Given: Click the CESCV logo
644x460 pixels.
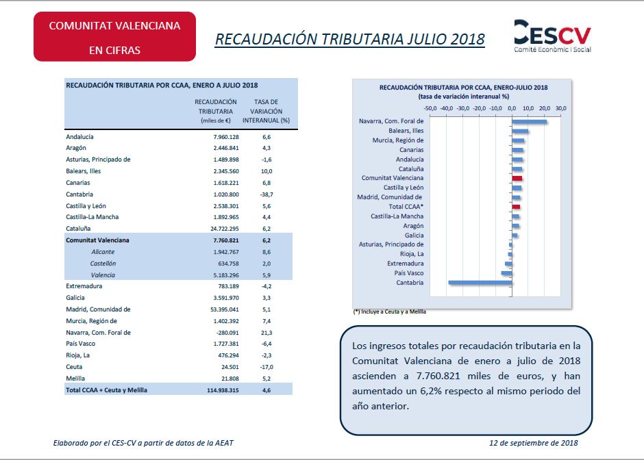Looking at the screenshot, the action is coord(552,36).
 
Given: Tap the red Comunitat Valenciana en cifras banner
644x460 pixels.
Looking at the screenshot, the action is coord(114,36).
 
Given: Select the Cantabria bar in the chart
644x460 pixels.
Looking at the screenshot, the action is coord(480,283).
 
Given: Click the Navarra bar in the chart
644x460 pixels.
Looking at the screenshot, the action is coord(530,121).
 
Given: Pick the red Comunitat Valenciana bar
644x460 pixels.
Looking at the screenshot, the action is coord(517,179).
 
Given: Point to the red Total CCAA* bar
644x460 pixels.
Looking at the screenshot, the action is coord(517,207).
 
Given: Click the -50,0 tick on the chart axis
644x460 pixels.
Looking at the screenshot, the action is coord(430,108).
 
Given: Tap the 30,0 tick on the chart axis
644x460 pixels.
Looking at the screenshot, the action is coord(560,108).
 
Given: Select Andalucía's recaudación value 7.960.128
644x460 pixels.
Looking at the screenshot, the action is coord(226,137).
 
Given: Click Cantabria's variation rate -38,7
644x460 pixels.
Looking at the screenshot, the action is coord(267,194).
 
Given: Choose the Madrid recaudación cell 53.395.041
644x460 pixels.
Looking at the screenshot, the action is coord(224,309).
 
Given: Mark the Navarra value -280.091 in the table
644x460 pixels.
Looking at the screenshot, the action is coord(227,333).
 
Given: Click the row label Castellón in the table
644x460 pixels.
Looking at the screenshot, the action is coord(103,264).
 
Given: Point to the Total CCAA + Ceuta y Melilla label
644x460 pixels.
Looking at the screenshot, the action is coord(106,390).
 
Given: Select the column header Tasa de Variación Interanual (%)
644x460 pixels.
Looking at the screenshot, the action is coord(266,111).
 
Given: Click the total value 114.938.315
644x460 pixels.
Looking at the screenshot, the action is coord(223,390).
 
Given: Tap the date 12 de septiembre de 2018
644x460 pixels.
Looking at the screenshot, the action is coord(534,443).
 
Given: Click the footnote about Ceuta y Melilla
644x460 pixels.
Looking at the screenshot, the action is coord(389,312).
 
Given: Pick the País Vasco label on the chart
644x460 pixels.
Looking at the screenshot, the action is coord(408,273).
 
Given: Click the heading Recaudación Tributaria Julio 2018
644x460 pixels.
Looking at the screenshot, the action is coord(350,40).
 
